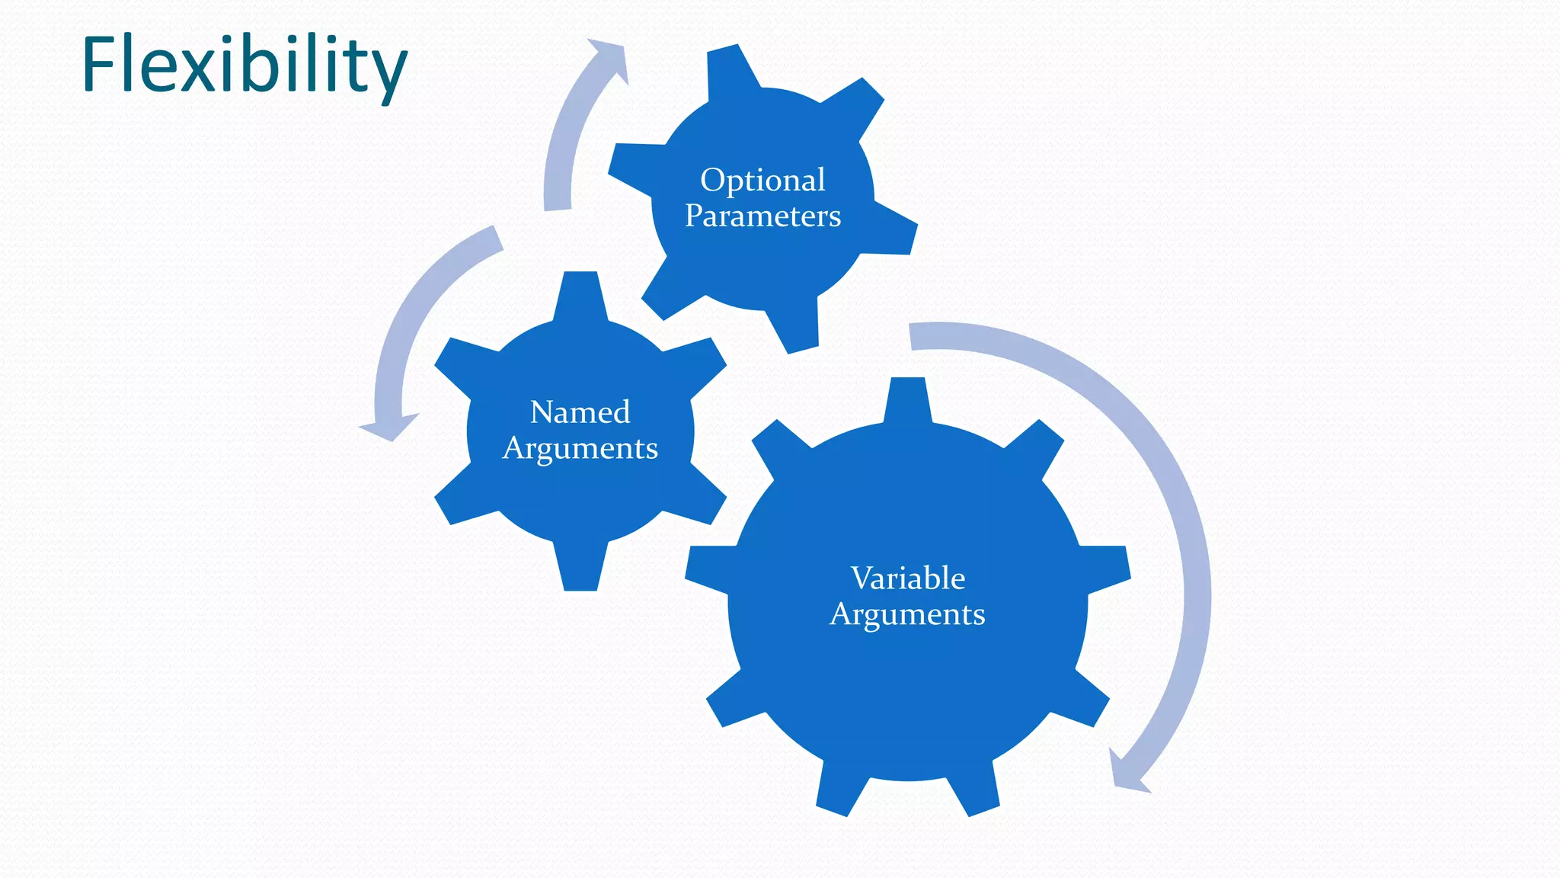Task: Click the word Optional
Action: click(x=762, y=181)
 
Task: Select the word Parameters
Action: click(x=762, y=216)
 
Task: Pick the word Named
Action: click(x=580, y=412)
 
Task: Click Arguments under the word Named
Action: click(x=580, y=448)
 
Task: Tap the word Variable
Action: click(x=907, y=578)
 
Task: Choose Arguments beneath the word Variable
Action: click(x=907, y=614)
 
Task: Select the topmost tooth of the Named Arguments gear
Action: click(x=580, y=293)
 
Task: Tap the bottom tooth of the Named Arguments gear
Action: click(x=580, y=568)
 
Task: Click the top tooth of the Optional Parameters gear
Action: click(x=733, y=70)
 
